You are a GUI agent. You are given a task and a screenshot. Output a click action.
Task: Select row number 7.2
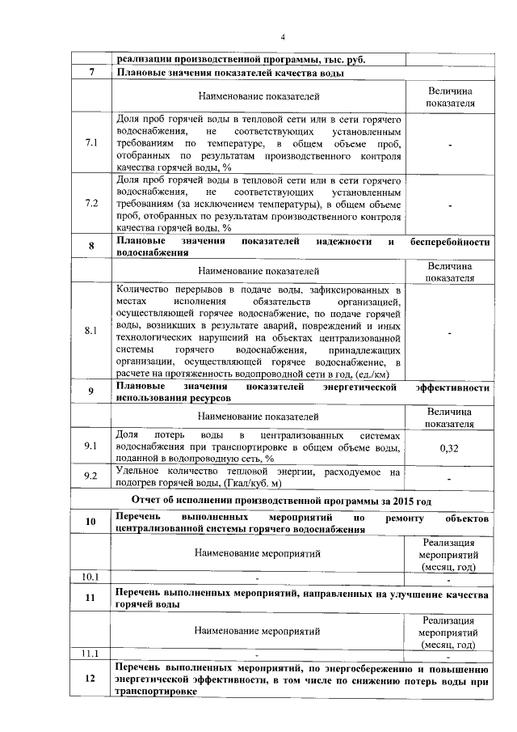(91, 203)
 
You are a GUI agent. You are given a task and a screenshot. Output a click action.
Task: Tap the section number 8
(91, 246)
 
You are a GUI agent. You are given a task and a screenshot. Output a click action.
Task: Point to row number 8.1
(91, 330)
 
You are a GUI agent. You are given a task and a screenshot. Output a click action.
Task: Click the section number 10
(91, 523)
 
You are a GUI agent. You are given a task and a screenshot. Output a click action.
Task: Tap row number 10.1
(90, 578)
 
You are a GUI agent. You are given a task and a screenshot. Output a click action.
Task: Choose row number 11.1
(90, 653)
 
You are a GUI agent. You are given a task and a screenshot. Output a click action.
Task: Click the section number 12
(91, 681)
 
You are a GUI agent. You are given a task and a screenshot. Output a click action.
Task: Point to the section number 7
(91, 74)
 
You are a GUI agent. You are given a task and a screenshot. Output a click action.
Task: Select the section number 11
(91, 598)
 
